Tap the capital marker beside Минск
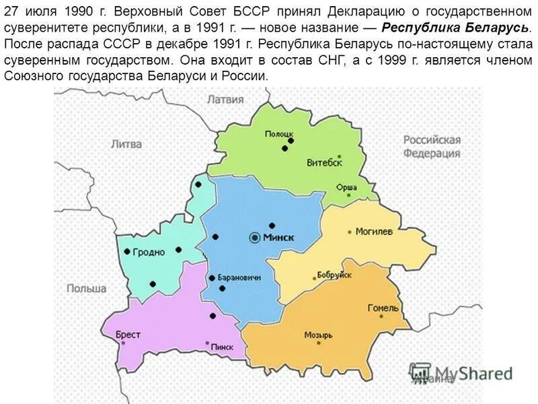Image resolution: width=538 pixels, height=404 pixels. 255,238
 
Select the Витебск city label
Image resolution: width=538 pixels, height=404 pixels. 324,163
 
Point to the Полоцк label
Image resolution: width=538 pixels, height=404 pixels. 278,133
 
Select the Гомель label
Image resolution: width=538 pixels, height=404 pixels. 383,308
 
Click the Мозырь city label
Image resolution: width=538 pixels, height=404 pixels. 318,335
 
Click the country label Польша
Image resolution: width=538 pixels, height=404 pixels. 86,288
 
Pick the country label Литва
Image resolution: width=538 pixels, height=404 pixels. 126,144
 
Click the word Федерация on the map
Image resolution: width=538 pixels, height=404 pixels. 432,153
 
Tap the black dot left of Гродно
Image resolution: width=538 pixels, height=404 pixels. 127,252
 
